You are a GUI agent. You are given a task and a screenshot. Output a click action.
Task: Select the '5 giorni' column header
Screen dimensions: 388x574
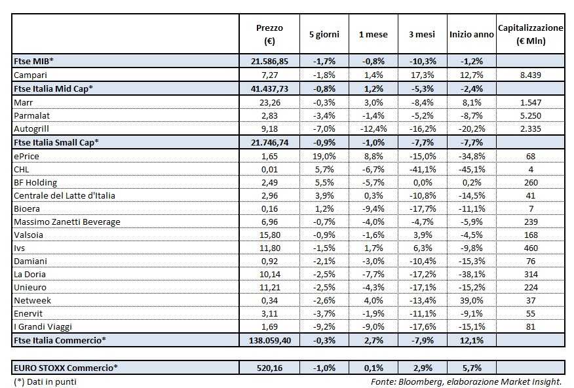tap(323, 34)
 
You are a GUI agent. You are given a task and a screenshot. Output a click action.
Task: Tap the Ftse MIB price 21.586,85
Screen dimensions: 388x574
tap(269, 61)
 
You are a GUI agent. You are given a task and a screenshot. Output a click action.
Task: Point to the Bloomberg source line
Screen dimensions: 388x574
tap(466, 381)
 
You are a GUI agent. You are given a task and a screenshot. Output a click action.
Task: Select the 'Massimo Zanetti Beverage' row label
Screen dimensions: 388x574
tap(67, 222)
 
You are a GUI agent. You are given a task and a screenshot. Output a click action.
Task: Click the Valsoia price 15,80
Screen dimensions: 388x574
tap(269, 235)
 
